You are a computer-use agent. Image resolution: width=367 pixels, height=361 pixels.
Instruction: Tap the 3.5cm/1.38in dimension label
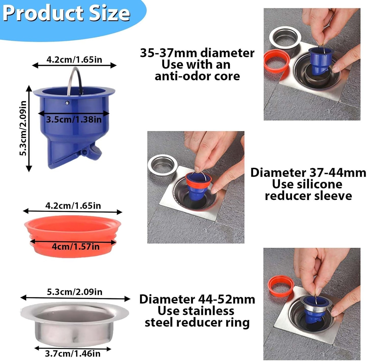pyautogui.click(x=74, y=120)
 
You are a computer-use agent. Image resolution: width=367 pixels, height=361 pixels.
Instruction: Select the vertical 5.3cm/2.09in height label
pyautogui.click(x=23, y=129)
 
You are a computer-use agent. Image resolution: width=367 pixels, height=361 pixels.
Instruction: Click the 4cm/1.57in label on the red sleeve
pyautogui.click(x=76, y=247)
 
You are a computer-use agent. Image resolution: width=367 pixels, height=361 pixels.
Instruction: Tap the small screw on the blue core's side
pyautogui.click(x=67, y=103)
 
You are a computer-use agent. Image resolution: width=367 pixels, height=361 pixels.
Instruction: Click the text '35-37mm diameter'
pyautogui.click(x=197, y=53)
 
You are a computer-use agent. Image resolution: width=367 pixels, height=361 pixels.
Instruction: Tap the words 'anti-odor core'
pyautogui.click(x=197, y=76)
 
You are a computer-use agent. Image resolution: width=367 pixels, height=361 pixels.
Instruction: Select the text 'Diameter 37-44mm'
pyautogui.click(x=308, y=173)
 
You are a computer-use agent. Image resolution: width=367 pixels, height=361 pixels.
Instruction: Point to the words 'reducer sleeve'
pyautogui.click(x=308, y=196)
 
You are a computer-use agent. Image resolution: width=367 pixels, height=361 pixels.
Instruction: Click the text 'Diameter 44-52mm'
pyautogui.click(x=197, y=299)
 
